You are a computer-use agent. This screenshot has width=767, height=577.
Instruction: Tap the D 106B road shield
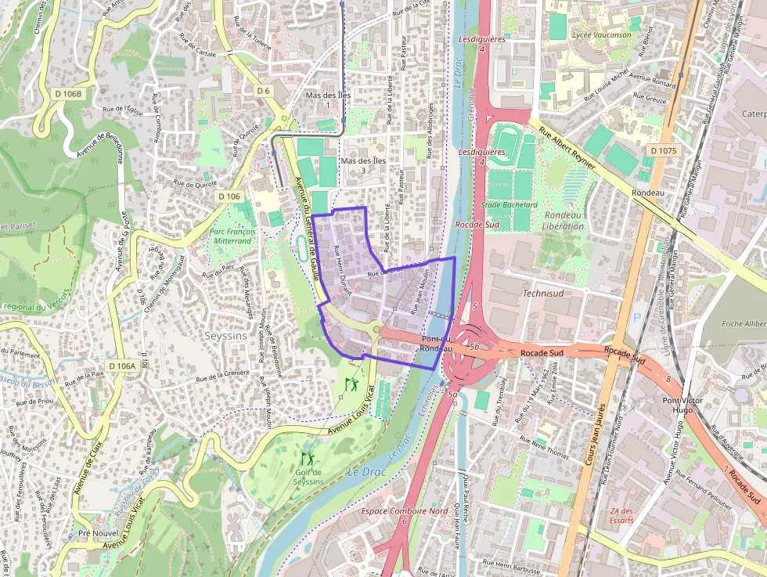tap(69, 94)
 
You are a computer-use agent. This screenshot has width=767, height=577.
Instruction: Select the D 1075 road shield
tap(664, 150)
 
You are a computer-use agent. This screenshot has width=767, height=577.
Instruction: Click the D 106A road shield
tap(122, 366)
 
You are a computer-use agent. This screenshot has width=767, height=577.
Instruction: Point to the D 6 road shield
tap(263, 91)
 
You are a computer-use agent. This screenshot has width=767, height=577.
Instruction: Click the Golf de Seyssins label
tap(309, 477)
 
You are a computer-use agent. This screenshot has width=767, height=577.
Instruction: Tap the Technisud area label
tap(542, 293)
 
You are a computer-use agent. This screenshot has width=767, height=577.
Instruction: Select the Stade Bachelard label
tap(510, 205)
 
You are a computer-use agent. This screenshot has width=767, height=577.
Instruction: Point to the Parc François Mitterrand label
tap(231, 236)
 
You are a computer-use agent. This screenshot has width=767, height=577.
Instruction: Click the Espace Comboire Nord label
tap(405, 510)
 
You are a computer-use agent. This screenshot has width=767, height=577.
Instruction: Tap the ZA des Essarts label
tap(621, 516)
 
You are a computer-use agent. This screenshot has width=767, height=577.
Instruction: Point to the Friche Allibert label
tap(744, 323)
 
